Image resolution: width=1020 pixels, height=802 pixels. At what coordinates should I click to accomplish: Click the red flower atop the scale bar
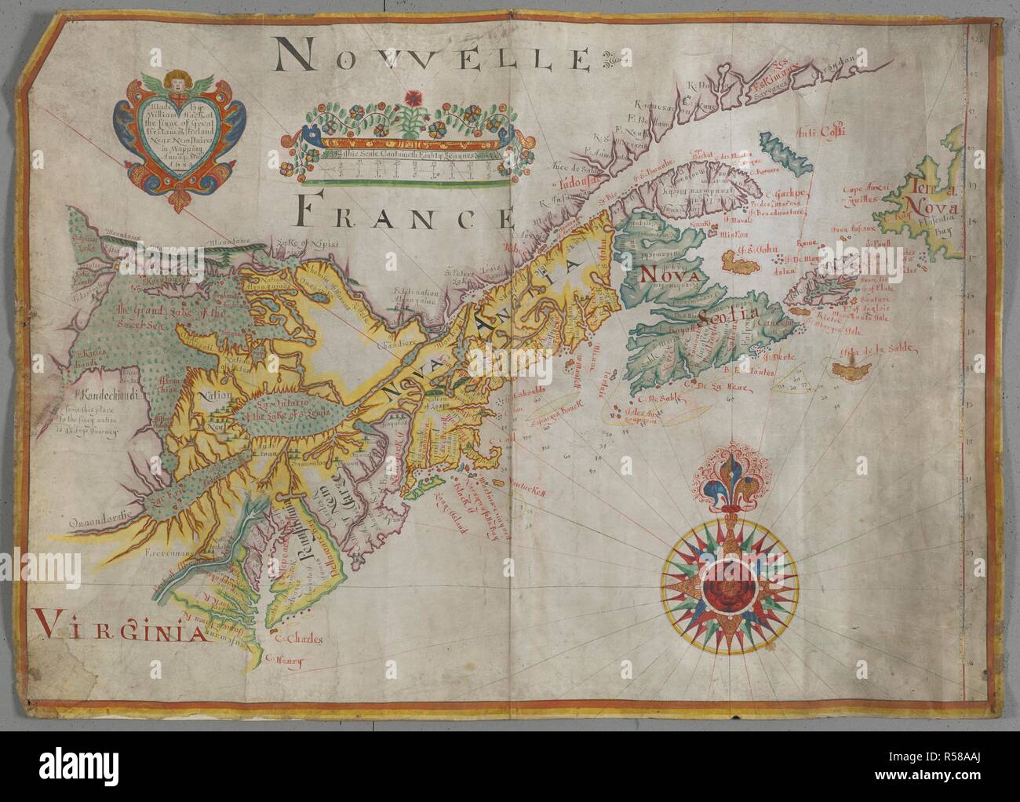(410, 100)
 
